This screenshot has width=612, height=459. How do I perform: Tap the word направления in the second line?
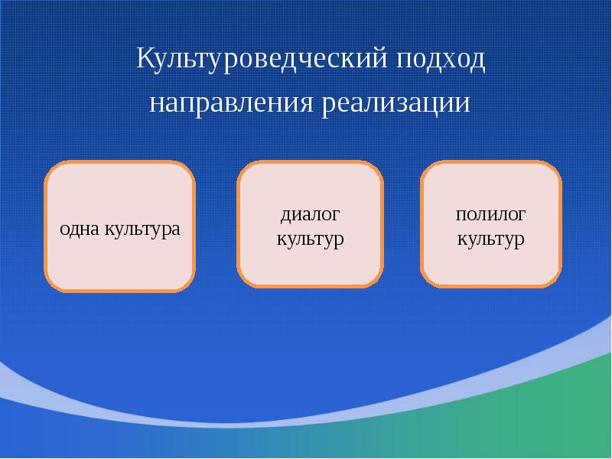(x=231, y=103)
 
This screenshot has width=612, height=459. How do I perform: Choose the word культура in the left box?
(x=143, y=229)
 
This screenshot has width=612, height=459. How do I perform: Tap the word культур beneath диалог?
(x=309, y=239)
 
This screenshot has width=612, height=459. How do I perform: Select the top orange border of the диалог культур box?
(x=309, y=162)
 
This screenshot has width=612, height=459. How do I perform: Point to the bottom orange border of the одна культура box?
(x=119, y=290)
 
